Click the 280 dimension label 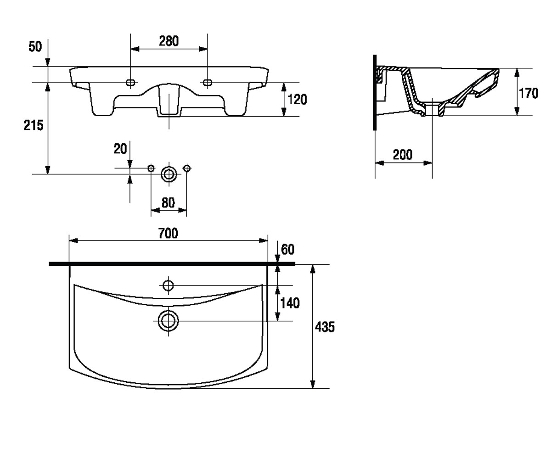tap(169, 41)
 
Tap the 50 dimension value tap(35, 47)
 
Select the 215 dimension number tap(33, 125)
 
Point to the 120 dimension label tap(297, 100)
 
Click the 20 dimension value tap(120, 149)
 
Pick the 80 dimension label tap(168, 202)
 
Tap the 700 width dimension tap(168, 233)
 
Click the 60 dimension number tap(287, 249)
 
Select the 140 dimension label tap(290, 303)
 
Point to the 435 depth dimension tap(325, 327)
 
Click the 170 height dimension tap(529, 93)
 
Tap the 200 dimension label tap(403, 155)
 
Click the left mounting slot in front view tap(130, 83)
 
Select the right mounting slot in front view tap(208, 83)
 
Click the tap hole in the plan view tap(169, 285)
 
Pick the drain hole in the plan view tap(169, 321)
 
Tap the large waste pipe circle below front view tap(169, 174)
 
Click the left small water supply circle tap(151, 168)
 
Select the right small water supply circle tap(187, 168)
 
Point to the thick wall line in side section tap(375, 92)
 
